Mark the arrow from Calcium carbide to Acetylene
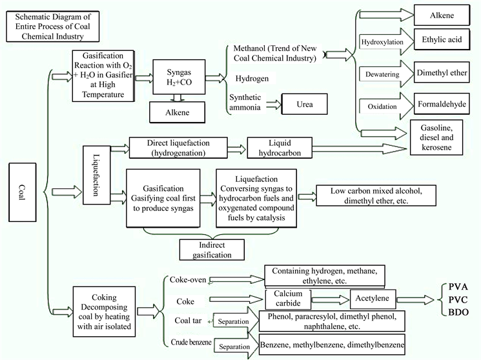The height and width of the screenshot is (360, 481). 330,299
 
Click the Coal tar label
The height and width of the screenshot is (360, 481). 190,321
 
